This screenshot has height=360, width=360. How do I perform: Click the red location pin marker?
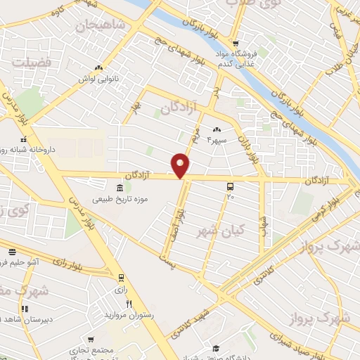(x=182, y=165)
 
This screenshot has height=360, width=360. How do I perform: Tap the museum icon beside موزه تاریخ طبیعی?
(x=118, y=188)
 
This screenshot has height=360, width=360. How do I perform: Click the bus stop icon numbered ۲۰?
(x=231, y=187)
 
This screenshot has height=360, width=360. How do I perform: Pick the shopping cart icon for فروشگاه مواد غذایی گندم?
(x=236, y=40)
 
